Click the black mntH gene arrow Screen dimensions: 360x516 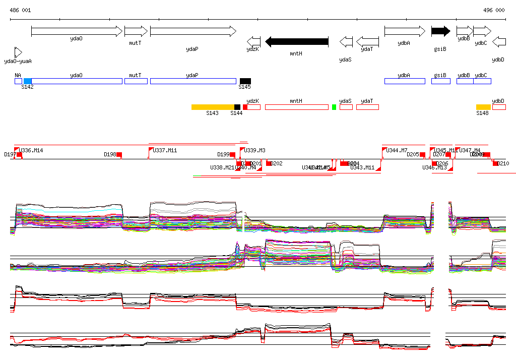pos(297,41)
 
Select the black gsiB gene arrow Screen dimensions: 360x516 pos(440,31)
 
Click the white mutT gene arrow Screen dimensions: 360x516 pos(136,31)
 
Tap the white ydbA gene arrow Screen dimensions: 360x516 pos(405,31)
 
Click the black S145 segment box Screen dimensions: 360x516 pos(245,81)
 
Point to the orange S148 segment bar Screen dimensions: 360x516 pos(483,107)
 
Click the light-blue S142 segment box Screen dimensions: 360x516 pos(28,81)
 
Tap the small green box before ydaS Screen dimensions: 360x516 pos(334,107)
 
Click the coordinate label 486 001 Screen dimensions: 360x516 pos(20,10)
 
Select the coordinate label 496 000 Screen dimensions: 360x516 pos(494,10)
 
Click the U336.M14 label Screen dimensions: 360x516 pos(31,150)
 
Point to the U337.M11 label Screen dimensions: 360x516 pos(165,150)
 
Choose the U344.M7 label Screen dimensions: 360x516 pos(397,150)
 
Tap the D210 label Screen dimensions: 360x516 pos(503,163)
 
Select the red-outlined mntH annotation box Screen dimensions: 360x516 pos(296,107)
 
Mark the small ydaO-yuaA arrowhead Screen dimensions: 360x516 pos(18,52)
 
